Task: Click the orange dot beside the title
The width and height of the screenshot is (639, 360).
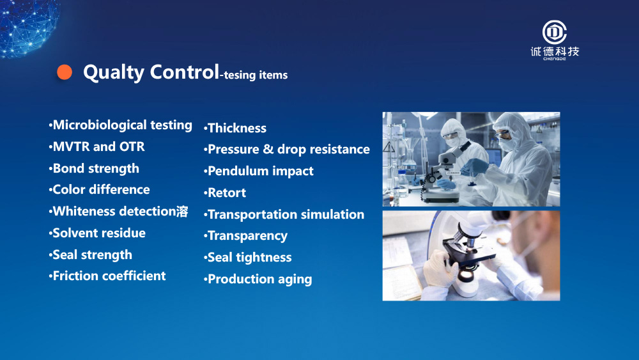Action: point(65,72)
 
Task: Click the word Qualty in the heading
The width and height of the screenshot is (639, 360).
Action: point(114,72)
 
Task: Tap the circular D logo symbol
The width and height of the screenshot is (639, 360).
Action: point(554,32)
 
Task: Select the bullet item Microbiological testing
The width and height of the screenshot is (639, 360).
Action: point(120,125)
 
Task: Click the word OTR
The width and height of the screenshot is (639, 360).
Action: point(132,146)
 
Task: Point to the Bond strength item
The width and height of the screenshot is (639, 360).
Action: point(94,168)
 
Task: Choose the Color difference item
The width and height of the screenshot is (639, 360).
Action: point(99,189)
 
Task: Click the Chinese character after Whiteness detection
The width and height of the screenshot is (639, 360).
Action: point(182,211)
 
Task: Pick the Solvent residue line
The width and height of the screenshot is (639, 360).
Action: point(97,233)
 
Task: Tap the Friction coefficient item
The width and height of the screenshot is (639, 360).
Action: point(107,276)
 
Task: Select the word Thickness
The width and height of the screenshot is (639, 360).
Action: point(237,128)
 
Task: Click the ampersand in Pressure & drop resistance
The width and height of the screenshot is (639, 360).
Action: point(268,149)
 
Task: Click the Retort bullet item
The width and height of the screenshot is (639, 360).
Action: point(225,192)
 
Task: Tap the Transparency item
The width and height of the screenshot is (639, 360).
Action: point(245,236)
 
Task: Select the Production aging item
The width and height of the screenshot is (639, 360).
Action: point(258,279)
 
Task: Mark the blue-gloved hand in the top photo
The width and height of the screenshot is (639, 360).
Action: point(474,167)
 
